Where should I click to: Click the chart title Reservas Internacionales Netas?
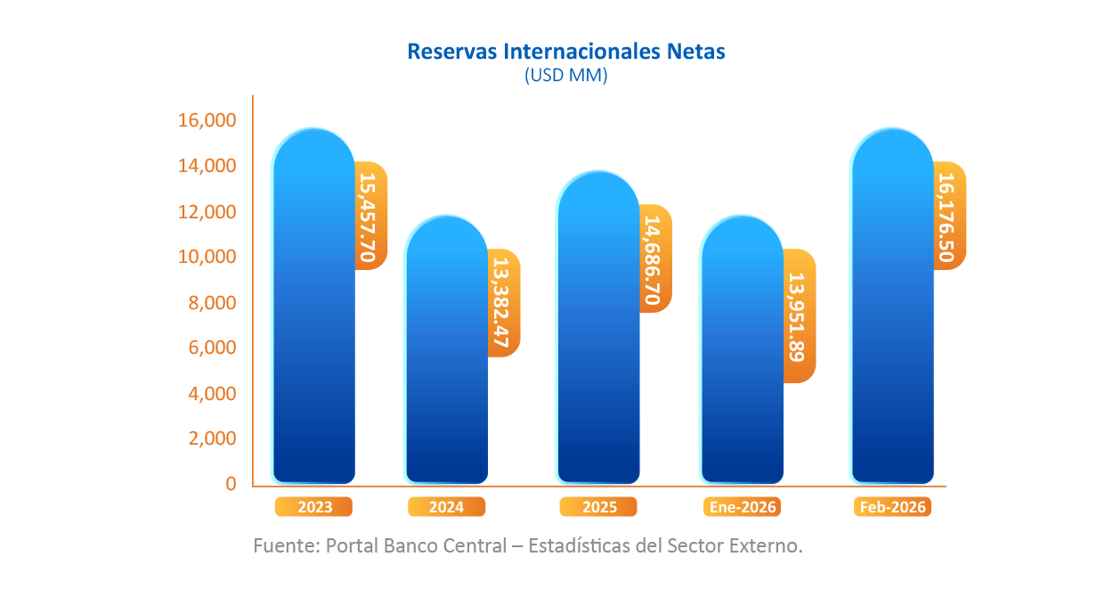tap(565, 52)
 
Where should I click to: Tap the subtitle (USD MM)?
tap(565, 76)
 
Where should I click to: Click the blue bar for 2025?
tap(598, 330)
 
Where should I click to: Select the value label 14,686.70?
tap(655, 258)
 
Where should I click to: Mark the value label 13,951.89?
tap(799, 316)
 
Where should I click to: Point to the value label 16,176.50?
tap(949, 216)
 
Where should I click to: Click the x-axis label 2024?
tap(446, 507)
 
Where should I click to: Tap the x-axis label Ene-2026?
tap(743, 507)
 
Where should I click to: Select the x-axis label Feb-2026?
tap(892, 507)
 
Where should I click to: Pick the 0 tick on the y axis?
tap(231, 484)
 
